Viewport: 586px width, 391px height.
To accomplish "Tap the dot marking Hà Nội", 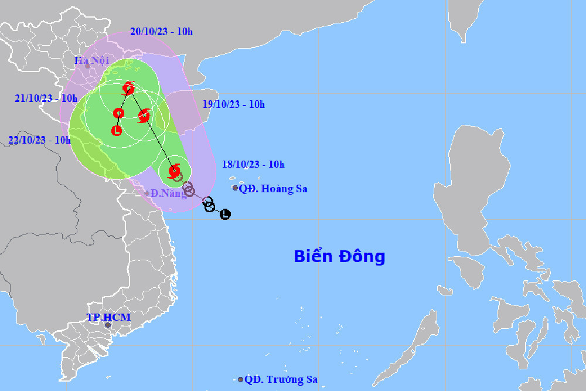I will [87, 66].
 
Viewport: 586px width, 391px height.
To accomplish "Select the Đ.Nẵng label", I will [168, 193].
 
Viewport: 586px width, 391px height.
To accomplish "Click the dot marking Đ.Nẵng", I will [147, 193].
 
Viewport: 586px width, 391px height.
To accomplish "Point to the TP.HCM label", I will [108, 317].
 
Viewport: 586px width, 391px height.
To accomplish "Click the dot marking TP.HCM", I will [108, 325].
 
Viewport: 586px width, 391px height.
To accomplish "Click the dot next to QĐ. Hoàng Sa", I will [235, 188].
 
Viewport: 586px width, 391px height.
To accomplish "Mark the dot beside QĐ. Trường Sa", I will [240, 380].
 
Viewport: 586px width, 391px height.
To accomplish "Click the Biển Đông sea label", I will [339, 256].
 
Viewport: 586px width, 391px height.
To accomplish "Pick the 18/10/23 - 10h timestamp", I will [254, 164].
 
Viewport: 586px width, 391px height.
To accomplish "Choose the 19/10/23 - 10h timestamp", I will [234, 104].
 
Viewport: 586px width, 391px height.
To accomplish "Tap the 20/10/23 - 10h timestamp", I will [161, 31].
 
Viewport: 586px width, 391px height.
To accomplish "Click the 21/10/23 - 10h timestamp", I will [46, 98].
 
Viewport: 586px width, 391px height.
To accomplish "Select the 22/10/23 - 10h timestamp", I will [39, 140].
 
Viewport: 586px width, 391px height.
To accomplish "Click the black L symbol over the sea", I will [225, 215].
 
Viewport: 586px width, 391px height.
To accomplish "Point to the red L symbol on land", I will [117, 130].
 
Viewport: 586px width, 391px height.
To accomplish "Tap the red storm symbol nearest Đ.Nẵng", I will [174, 171].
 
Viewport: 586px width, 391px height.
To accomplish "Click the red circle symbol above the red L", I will [118, 113].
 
